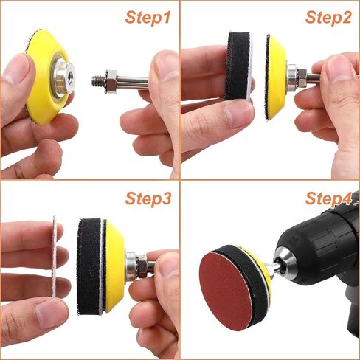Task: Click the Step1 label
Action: [148, 18]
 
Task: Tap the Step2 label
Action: [328, 18]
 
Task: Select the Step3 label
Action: [148, 198]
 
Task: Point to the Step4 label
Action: [328, 198]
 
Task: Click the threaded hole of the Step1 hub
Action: [70, 75]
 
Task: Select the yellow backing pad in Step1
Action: [48, 77]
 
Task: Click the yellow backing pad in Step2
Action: [276, 77]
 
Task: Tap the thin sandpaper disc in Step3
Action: [55, 256]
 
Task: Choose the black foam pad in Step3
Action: [89, 266]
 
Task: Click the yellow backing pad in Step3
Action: [114, 266]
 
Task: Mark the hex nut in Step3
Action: [142, 266]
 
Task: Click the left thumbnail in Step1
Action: [15, 69]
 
